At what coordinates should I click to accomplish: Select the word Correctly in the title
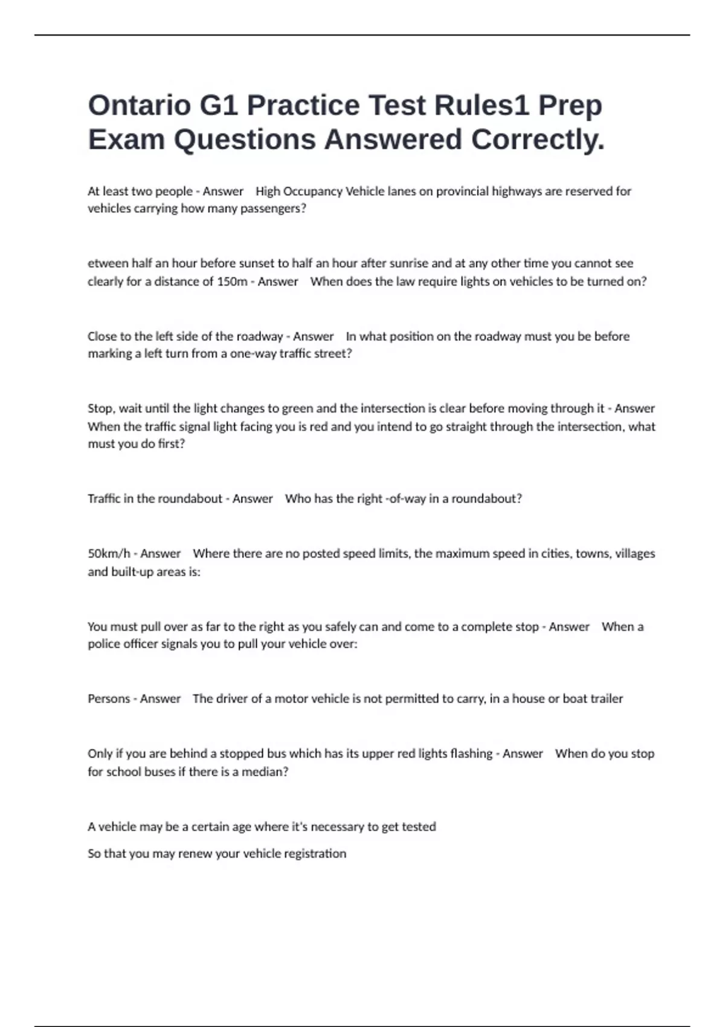click(537, 140)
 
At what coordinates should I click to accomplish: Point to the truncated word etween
click(108, 263)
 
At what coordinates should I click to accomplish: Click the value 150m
click(232, 282)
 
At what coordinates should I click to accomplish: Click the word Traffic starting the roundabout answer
click(104, 499)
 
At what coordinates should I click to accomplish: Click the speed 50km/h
click(109, 554)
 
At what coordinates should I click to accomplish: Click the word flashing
click(471, 754)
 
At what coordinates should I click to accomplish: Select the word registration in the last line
click(315, 854)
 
